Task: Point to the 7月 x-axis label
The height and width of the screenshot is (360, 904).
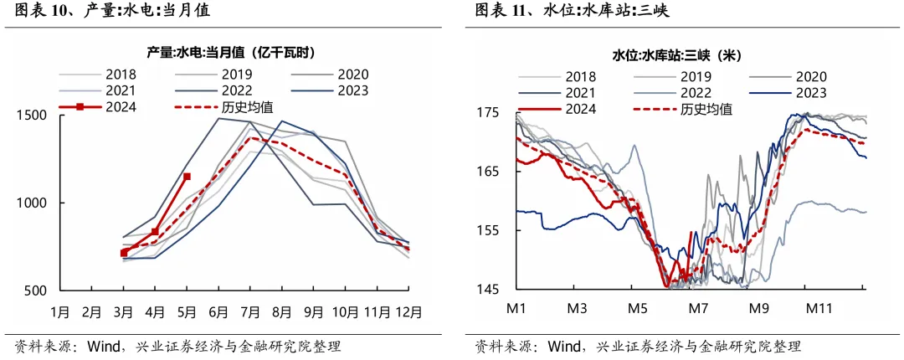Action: point(249,312)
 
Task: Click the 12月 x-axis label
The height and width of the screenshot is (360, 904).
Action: point(408,312)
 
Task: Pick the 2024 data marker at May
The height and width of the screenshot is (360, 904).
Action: point(187,177)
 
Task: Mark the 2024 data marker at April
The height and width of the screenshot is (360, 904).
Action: point(155,231)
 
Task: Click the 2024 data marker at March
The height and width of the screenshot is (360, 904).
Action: point(124,252)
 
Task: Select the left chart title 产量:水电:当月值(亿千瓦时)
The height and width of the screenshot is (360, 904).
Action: point(230,52)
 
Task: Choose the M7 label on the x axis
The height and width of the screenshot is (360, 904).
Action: point(698,307)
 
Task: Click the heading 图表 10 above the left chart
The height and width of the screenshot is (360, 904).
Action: point(43,12)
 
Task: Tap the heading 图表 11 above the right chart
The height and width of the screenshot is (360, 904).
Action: point(503,12)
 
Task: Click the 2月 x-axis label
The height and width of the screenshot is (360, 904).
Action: point(92,312)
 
